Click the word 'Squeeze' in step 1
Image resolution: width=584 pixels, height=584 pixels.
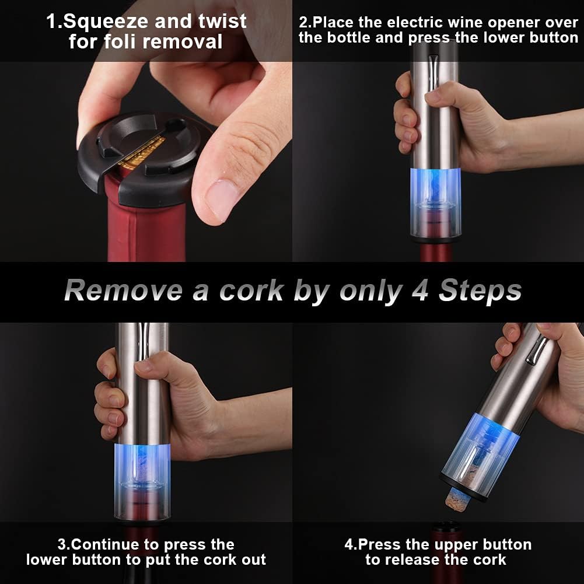(103, 22)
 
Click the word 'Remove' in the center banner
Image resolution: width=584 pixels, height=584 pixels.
(123, 291)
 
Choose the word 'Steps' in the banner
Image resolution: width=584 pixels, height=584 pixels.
(480, 291)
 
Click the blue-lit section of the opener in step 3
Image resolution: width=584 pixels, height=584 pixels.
(143, 461)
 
